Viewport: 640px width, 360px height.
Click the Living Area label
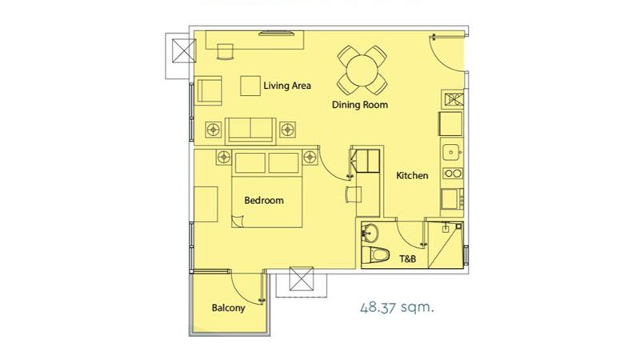click(x=287, y=86)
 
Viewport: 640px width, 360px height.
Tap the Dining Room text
click(x=359, y=105)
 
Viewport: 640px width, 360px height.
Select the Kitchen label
click(x=412, y=175)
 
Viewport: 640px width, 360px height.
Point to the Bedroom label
click(x=264, y=201)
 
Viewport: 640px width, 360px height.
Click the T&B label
click(x=407, y=258)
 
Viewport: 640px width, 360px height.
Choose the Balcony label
click(x=228, y=308)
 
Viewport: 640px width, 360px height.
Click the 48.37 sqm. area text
click(x=397, y=307)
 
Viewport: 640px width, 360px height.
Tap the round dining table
click(x=362, y=70)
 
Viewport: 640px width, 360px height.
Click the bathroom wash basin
click(x=370, y=234)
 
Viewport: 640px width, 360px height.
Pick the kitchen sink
click(x=452, y=152)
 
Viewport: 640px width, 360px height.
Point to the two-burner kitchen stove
click(x=453, y=174)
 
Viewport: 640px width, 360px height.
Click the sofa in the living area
click(x=250, y=130)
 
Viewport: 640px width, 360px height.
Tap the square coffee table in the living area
click(x=250, y=86)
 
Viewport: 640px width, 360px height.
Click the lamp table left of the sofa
click(x=213, y=130)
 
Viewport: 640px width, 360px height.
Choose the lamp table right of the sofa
click(x=288, y=130)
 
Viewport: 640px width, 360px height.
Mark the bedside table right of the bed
click(x=310, y=157)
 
